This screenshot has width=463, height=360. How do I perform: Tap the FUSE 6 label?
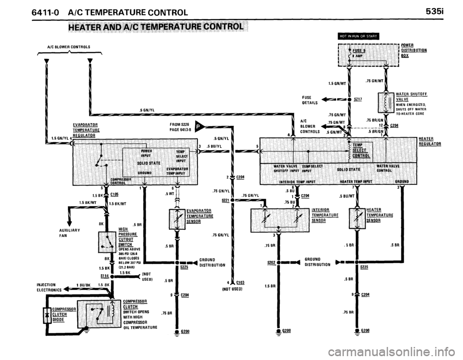(359, 50)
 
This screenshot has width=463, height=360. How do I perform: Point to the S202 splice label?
(272, 263)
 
